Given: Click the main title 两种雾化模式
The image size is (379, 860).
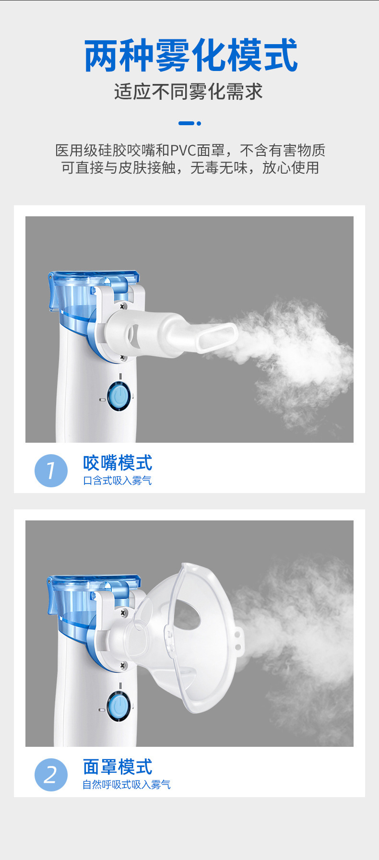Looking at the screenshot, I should point(190,56).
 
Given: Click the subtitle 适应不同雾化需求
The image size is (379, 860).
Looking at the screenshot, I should point(189,92).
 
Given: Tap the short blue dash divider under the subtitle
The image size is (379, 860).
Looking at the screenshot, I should point(189,123).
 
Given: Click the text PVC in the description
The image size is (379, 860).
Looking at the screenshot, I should point(183,150).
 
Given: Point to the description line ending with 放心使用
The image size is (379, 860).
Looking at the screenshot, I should point(190,168).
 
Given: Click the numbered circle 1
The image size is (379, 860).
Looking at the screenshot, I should point(51,471).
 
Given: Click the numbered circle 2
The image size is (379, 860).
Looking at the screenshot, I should point(51,775).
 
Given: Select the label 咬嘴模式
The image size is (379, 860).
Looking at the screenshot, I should point(118,463).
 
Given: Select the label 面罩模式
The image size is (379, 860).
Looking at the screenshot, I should point(118,767).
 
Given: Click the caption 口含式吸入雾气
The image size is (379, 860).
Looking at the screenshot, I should point(118,481).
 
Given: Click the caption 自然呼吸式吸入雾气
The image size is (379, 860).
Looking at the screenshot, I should point(127,785).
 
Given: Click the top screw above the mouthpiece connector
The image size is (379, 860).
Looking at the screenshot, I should point(123,306).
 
